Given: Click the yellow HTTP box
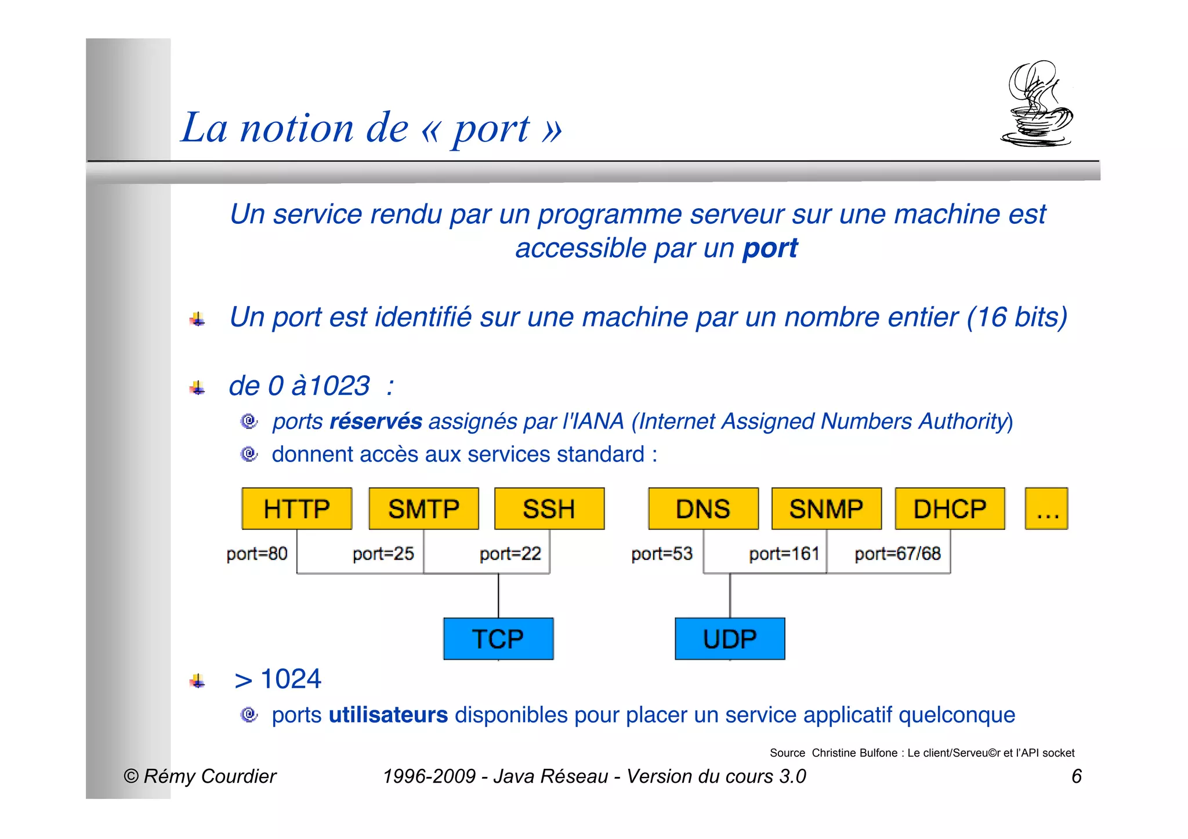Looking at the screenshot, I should (x=296, y=509).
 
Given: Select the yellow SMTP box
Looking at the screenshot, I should (x=423, y=509).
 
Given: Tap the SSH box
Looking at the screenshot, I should (x=549, y=509).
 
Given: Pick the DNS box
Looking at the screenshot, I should (x=703, y=509).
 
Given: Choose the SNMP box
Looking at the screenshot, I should (x=826, y=509).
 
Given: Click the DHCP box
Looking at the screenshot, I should (x=950, y=509).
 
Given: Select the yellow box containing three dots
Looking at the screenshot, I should (x=1046, y=509).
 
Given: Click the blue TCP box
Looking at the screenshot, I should (x=498, y=638).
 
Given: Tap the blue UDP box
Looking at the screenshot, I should (x=730, y=638).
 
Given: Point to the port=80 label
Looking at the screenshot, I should (x=257, y=554).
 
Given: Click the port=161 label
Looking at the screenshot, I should (x=784, y=554).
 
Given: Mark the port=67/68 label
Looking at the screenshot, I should (x=897, y=554).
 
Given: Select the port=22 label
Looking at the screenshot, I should (x=510, y=554).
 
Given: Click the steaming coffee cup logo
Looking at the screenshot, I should (x=1037, y=104).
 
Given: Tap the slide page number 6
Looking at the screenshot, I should (x=1076, y=776).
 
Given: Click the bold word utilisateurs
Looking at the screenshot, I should (x=388, y=715).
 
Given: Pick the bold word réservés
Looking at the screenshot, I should (x=375, y=422).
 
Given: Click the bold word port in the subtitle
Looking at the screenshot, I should (x=770, y=248).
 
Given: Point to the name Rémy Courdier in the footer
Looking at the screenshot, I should (x=209, y=776).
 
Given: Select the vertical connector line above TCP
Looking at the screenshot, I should (x=498, y=595).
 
